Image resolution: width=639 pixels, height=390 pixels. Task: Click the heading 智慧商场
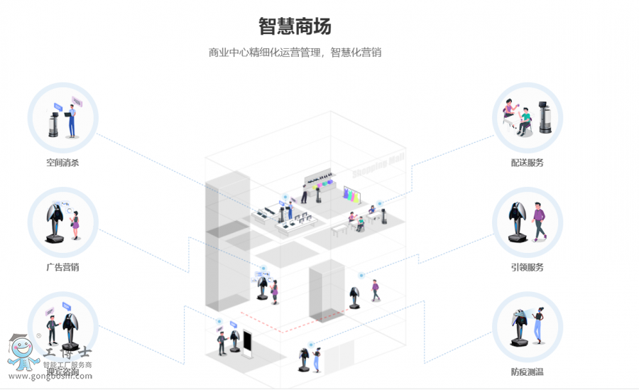click(x=295, y=26)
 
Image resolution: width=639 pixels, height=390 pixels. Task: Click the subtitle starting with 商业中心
click(x=295, y=53)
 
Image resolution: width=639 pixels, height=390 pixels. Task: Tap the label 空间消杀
click(x=62, y=163)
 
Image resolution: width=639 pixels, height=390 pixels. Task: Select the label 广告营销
click(x=62, y=268)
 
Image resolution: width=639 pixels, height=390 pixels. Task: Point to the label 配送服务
click(x=527, y=163)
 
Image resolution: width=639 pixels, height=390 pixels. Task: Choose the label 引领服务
click(x=527, y=268)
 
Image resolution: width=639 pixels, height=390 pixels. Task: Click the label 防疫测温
click(x=527, y=372)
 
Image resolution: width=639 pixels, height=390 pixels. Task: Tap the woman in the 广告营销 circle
click(x=74, y=224)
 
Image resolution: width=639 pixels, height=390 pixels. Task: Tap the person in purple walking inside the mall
click(x=375, y=289)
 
